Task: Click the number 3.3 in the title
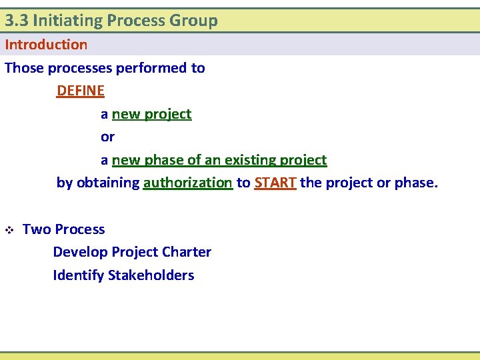tap(16, 21)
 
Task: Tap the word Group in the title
tap(193, 21)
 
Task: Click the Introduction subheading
tap(46, 45)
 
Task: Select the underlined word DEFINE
tap(81, 91)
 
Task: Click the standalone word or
tap(107, 137)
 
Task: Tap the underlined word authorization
tap(187, 183)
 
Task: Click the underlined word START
tap(275, 183)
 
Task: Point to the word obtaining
tap(107, 183)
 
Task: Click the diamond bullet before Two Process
tap(9, 230)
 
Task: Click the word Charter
tap(187, 252)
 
